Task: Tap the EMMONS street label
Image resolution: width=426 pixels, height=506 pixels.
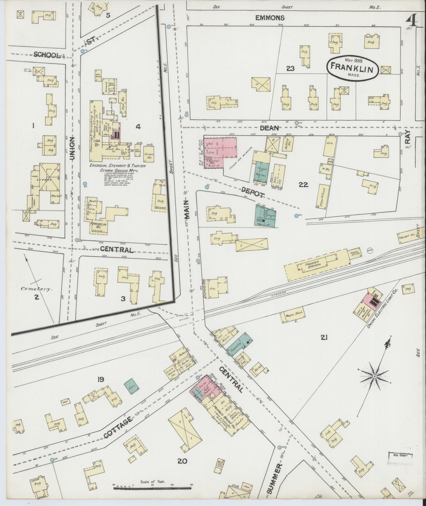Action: point(270,18)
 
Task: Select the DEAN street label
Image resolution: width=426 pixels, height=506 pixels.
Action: point(269,128)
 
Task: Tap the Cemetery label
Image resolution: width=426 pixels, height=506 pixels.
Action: point(37,289)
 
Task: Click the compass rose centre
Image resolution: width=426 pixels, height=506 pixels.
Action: point(374,376)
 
